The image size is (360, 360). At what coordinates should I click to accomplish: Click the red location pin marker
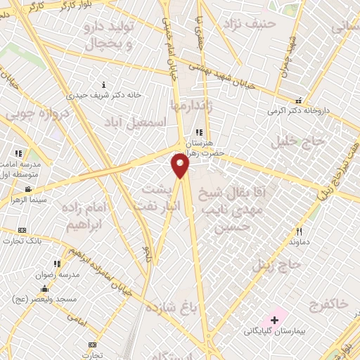click(x=181, y=166)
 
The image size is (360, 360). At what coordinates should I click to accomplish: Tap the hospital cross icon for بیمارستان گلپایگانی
click(x=274, y=321)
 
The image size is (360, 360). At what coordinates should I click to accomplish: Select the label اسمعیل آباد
click(x=141, y=122)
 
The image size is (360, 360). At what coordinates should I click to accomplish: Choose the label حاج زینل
click(x=276, y=265)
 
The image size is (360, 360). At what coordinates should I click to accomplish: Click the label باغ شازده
click(x=170, y=307)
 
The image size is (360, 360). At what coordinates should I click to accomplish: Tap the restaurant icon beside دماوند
click(x=299, y=231)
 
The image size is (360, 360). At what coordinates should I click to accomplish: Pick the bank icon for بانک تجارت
click(x=22, y=230)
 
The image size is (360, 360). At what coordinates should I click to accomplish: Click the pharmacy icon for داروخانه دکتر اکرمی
click(x=298, y=101)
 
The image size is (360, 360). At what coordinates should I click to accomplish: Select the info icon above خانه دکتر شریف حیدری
click(x=104, y=85)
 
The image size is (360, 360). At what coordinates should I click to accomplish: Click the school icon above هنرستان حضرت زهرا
click(x=199, y=132)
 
